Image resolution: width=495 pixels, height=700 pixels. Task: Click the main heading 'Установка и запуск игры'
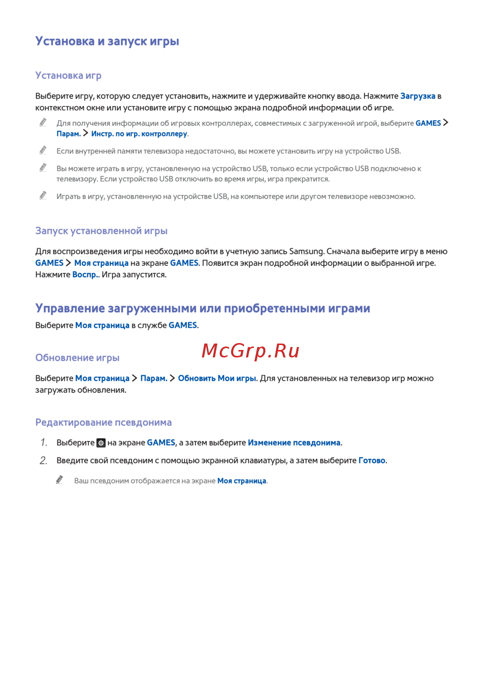pos(107,41)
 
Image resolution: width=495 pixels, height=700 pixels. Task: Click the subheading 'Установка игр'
pos(68,75)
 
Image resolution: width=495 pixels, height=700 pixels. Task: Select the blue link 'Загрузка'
pos(418,96)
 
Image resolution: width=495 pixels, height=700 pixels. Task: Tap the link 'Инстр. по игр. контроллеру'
pos(139,134)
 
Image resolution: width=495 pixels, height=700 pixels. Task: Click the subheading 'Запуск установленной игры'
pos(101,231)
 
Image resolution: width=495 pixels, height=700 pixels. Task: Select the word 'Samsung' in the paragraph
pos(306,251)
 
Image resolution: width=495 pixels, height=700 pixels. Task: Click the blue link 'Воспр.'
pos(85,275)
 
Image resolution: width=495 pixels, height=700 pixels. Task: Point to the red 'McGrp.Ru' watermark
pos(250,350)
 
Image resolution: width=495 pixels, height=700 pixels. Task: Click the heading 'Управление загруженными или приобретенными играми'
pos(202,308)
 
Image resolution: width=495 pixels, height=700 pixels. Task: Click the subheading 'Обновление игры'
pos(77,357)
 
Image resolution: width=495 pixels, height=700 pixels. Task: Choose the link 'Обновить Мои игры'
pos(217,378)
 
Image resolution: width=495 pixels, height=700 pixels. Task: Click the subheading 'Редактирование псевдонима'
pos(103,422)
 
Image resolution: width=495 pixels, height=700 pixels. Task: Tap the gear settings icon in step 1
pos(101,443)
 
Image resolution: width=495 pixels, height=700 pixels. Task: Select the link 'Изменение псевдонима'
pos(294,443)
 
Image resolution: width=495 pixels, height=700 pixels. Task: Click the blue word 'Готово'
pos(372,460)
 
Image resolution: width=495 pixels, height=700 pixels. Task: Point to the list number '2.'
pos(44,460)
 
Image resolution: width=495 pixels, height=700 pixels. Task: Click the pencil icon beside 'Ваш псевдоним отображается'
pos(59,480)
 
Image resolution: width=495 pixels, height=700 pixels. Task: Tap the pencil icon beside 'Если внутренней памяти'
pos(43,150)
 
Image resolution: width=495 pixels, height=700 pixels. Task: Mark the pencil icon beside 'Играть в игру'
pos(43,196)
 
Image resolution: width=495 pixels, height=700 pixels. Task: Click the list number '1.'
pos(44,443)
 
